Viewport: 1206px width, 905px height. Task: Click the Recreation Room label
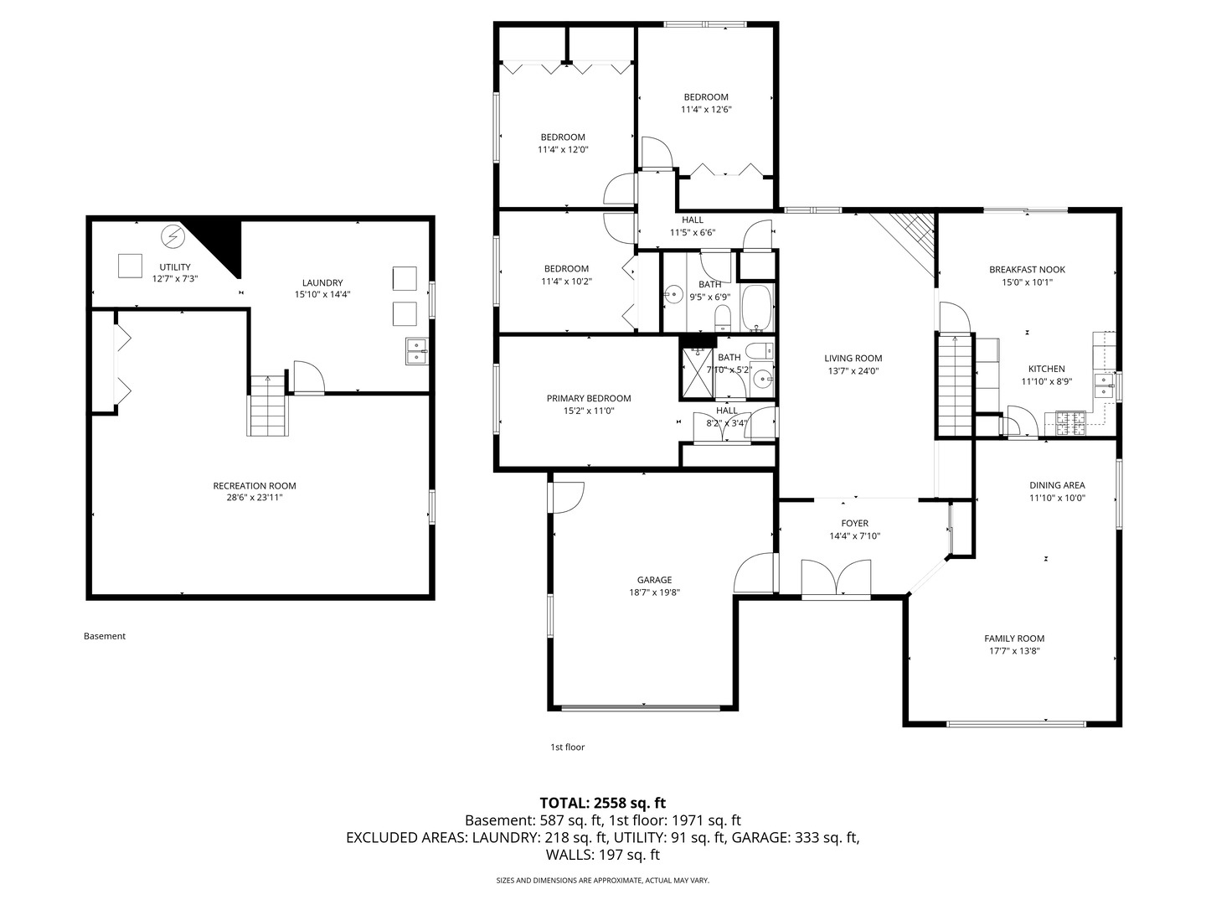coord(255,486)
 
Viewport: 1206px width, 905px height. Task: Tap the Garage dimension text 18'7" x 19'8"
coord(654,592)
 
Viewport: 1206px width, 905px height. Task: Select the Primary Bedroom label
coord(589,398)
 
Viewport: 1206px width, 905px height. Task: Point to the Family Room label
coord(1014,639)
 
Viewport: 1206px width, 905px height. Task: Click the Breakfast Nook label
coord(1027,270)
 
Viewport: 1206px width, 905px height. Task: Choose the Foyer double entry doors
coord(836,578)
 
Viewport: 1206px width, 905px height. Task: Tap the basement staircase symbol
coord(267,406)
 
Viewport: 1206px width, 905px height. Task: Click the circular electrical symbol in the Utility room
coord(173,236)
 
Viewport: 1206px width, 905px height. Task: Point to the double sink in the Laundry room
coord(416,351)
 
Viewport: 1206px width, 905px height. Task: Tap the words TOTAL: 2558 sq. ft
coord(603,803)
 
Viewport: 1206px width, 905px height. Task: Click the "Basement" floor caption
coord(105,636)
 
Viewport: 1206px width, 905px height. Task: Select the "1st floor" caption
coord(568,747)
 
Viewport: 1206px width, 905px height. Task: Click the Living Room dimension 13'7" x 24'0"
coord(853,371)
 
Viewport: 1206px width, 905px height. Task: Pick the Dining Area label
coord(1057,485)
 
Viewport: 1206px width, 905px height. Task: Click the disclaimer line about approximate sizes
coord(603,880)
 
